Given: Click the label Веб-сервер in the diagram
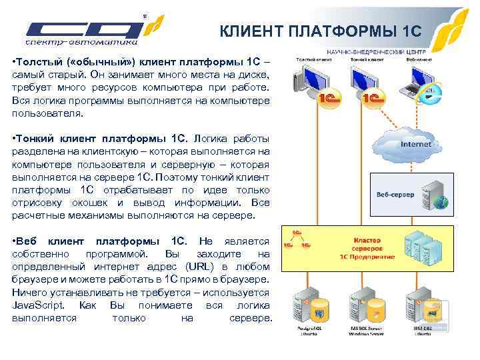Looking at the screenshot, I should pos(395,194).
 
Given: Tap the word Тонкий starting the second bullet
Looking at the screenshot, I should pos(37,139).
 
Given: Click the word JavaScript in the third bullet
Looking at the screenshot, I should pos(38,305).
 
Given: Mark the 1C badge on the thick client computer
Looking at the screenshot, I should pos(327,99).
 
